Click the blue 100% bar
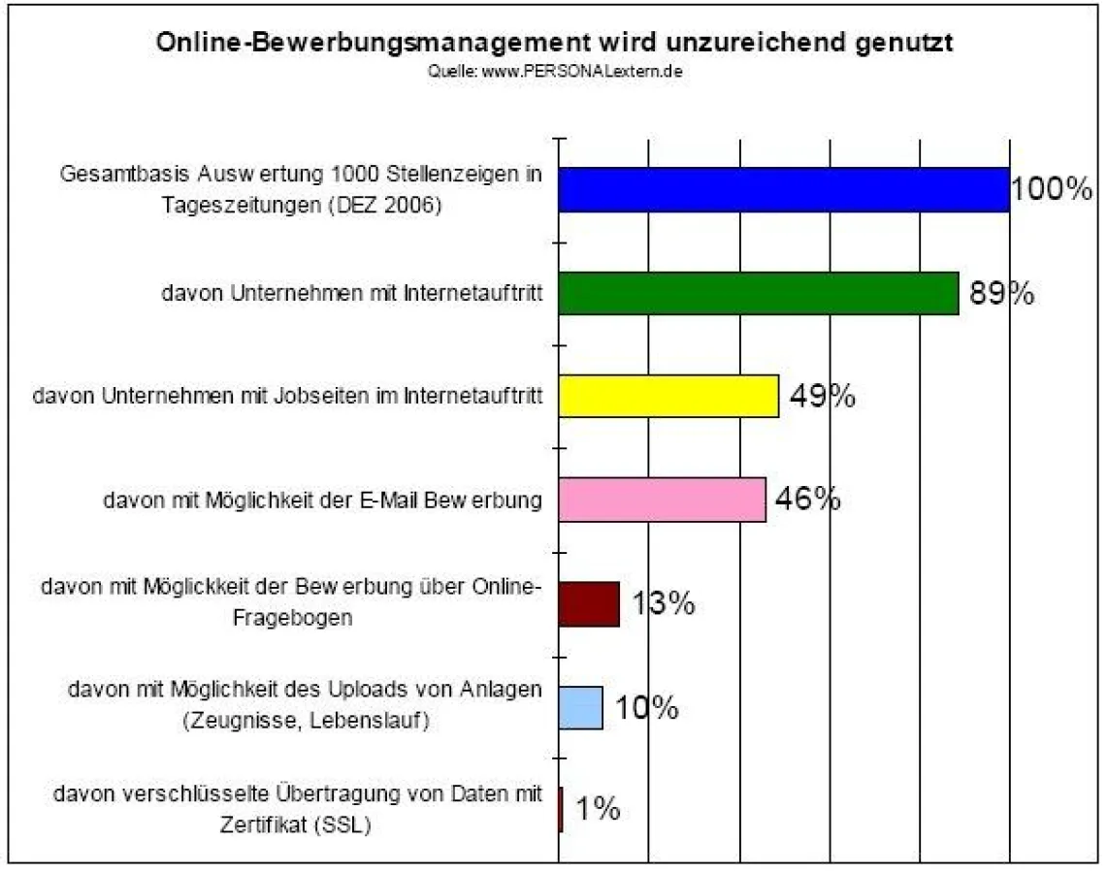tap(783, 189)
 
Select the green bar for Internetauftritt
tap(758, 293)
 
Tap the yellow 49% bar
tap(668, 396)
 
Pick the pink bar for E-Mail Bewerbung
tap(662, 500)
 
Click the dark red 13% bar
tap(588, 604)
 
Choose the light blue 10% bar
tap(580, 708)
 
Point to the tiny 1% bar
tap(561, 811)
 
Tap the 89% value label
tap(1002, 293)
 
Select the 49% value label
tap(822, 396)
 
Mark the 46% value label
tap(807, 500)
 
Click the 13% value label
tap(664, 603)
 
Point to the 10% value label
tap(646, 708)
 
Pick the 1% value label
tap(598, 810)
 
